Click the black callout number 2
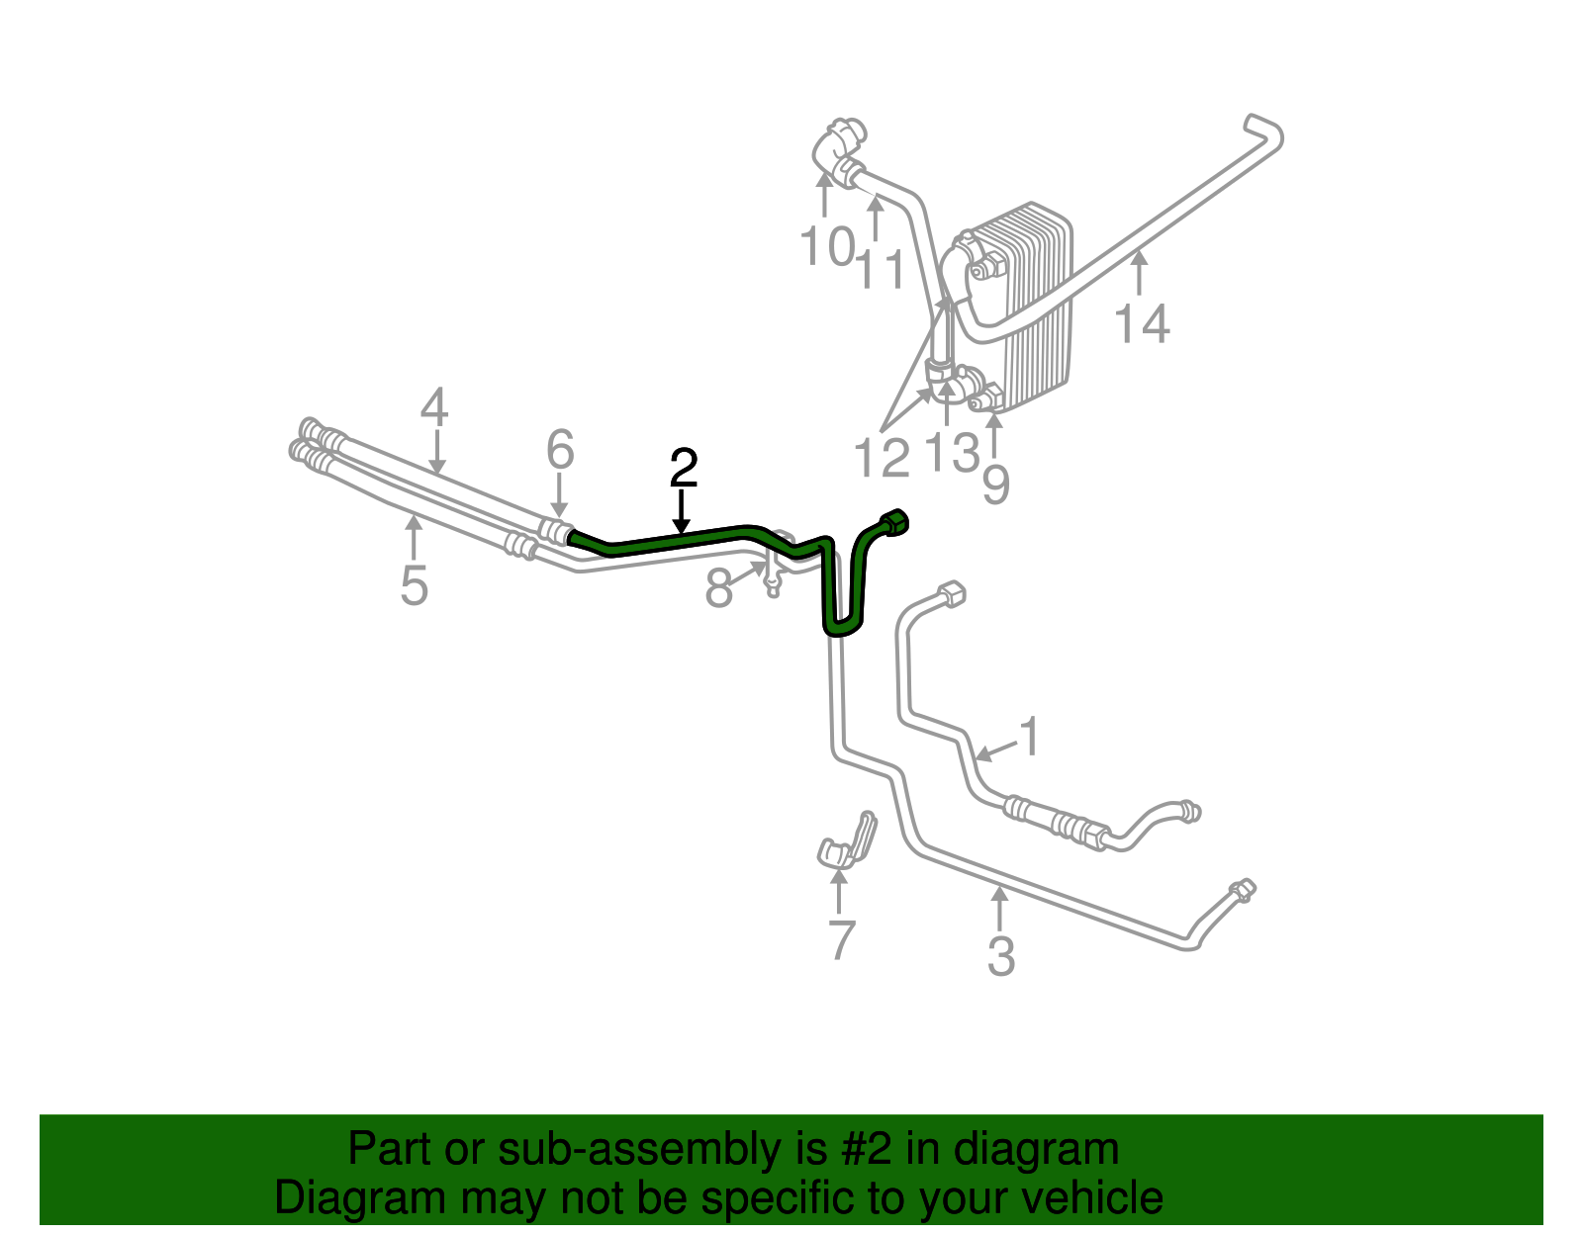click(x=684, y=469)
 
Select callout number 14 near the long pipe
click(x=1142, y=323)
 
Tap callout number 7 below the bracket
click(x=840, y=939)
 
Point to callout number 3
click(x=1000, y=956)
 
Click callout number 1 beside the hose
click(x=1030, y=738)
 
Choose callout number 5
click(x=414, y=585)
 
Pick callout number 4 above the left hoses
click(x=433, y=407)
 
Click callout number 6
click(x=560, y=451)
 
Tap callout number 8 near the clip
click(x=718, y=589)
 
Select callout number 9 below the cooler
click(x=995, y=485)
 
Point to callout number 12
click(x=881, y=459)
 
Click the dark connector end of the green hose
click(x=894, y=522)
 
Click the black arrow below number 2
click(x=682, y=513)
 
